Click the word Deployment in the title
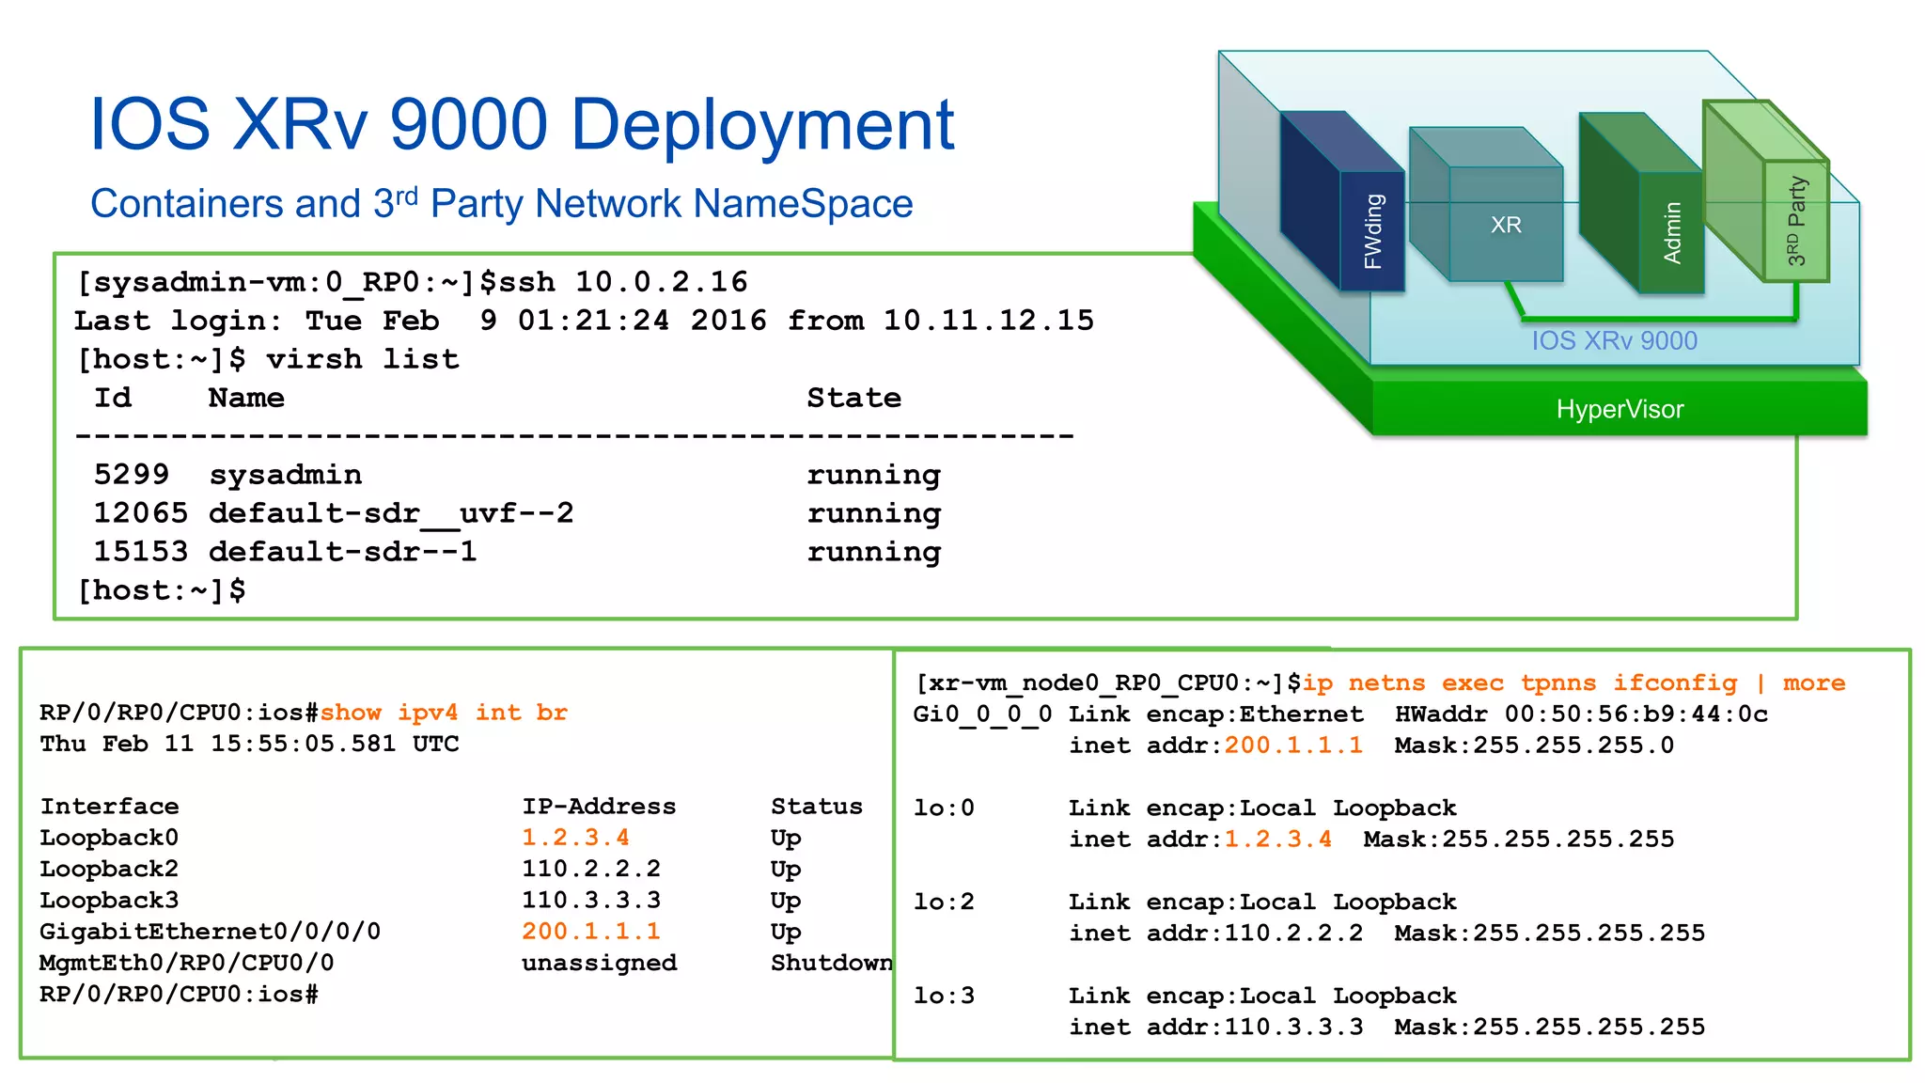(x=761, y=125)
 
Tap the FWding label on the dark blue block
(x=1373, y=231)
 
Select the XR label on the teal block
(x=1506, y=225)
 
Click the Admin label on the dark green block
(x=1672, y=232)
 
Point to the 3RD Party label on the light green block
(x=1796, y=220)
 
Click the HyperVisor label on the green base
(x=1620, y=409)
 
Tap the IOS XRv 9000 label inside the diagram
(x=1614, y=340)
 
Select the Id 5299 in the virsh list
(x=132, y=474)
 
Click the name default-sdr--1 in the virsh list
(x=343, y=551)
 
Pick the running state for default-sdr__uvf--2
(x=873, y=513)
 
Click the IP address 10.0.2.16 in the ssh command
(x=661, y=281)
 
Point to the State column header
(x=853, y=398)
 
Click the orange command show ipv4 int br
(x=444, y=713)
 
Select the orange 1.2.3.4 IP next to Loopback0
(x=575, y=837)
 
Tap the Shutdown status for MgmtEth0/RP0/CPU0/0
(x=831, y=963)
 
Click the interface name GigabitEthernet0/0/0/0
(x=210, y=932)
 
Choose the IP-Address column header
(x=599, y=806)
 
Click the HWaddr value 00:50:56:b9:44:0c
(x=1635, y=714)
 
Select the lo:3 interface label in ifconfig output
(x=944, y=996)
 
